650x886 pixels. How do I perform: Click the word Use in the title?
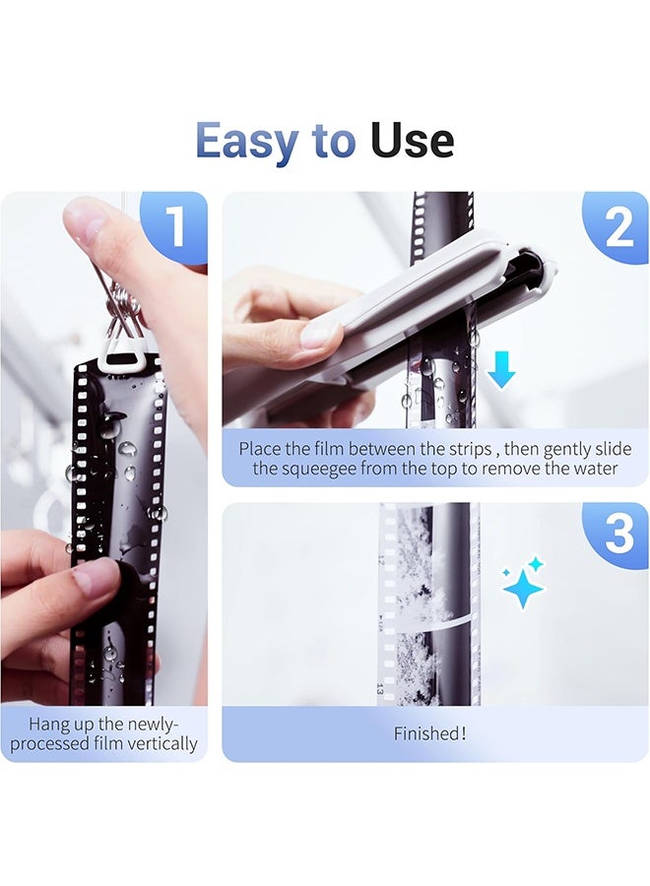pos(412,141)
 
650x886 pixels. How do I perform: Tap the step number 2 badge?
pos(618,227)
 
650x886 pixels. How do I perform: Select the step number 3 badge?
pos(618,534)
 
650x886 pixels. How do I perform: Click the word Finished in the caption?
pos(425,733)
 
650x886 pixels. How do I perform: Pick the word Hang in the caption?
pos(48,724)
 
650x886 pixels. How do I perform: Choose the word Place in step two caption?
pos(261,448)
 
